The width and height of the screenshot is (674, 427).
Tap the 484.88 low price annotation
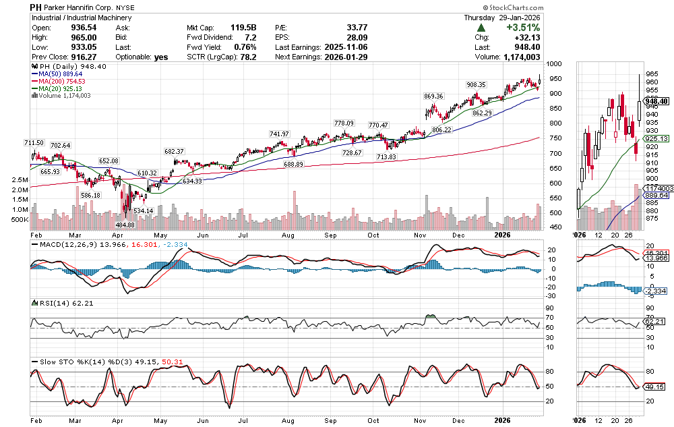129,225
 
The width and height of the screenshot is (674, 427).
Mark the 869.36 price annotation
433,96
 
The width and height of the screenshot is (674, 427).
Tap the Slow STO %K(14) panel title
70,362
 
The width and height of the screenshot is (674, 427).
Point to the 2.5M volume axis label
19,181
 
